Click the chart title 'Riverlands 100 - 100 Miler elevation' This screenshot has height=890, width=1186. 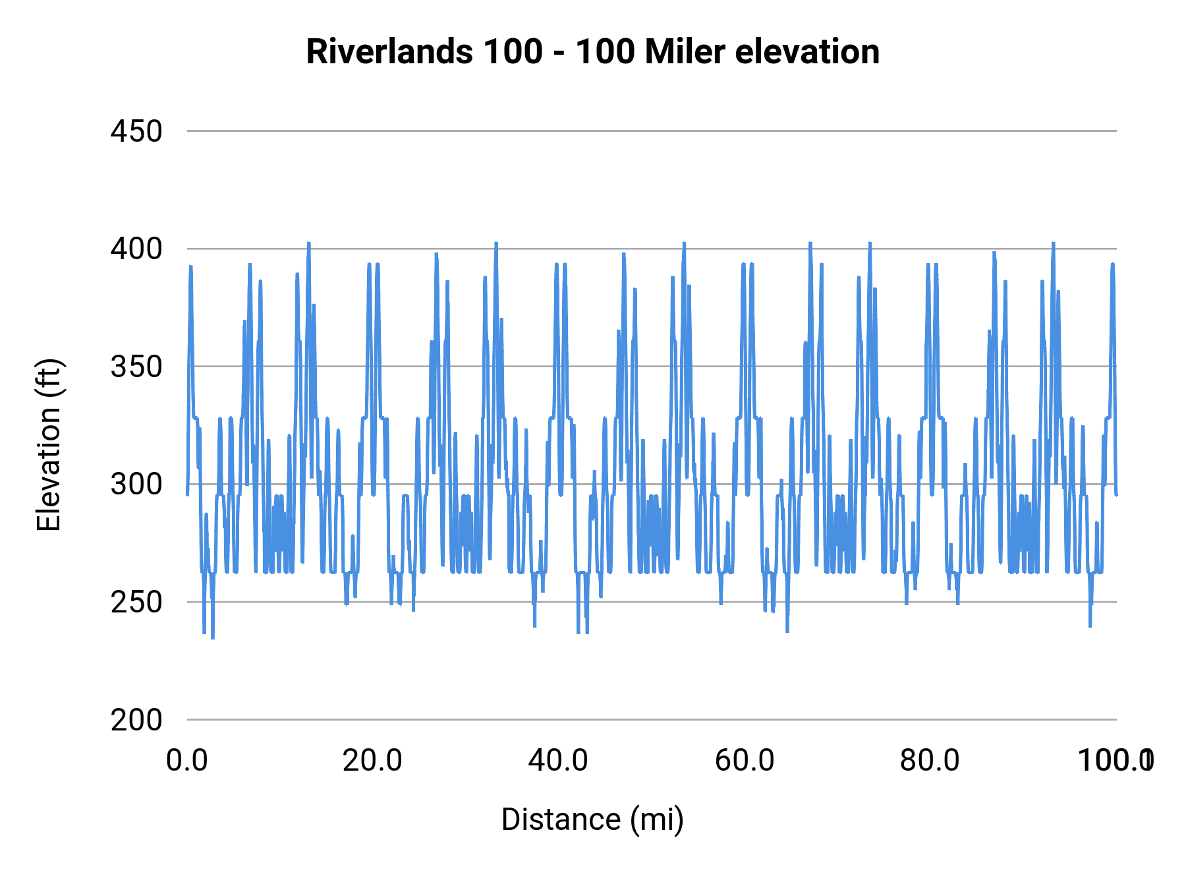[x=592, y=51]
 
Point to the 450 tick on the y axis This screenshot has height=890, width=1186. [x=136, y=131]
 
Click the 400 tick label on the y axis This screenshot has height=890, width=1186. [x=136, y=249]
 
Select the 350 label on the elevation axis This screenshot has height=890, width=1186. [x=136, y=367]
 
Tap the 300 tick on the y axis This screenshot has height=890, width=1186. [x=136, y=485]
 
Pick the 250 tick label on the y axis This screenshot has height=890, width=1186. [x=136, y=602]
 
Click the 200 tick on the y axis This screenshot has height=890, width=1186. [x=136, y=720]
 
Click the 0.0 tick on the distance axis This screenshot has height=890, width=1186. [x=187, y=761]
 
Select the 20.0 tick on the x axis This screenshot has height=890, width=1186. [x=373, y=761]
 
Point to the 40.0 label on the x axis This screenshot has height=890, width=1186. [x=559, y=761]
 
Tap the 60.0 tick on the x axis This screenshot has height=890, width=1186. [x=745, y=761]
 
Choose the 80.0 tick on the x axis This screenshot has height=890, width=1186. [x=930, y=761]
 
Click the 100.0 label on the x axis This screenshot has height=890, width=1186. [x=1115, y=761]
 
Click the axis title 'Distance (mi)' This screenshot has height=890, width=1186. [x=592, y=819]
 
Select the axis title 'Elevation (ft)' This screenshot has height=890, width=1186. [x=49, y=445]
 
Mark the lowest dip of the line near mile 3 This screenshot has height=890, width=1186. [x=212, y=638]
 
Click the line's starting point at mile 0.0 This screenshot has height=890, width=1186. [x=188, y=494]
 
